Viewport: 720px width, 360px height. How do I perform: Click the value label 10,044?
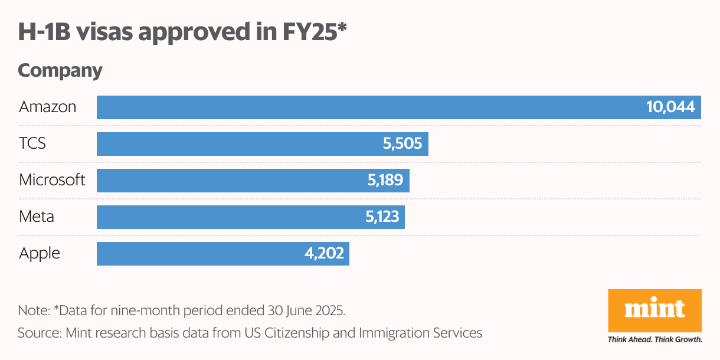coord(670,107)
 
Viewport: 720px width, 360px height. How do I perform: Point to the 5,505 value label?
coord(402,144)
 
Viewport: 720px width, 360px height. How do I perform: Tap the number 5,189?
coord(385,181)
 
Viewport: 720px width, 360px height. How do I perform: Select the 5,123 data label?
coord(382,217)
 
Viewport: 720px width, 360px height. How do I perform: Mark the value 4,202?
coord(325,254)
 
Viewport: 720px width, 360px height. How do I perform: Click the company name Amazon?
coord(48,107)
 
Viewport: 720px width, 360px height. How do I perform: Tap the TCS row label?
coord(32,144)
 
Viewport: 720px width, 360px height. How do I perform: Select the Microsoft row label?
coord(53,181)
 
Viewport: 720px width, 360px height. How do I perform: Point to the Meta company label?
coord(37,217)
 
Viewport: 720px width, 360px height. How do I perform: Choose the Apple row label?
coord(40,254)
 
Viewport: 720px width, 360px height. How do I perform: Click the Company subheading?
coord(60,71)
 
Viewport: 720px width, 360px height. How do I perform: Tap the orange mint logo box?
coord(654,310)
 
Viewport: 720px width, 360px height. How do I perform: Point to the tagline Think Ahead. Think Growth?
coord(654,340)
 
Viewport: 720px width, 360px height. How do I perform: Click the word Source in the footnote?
coord(37,333)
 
